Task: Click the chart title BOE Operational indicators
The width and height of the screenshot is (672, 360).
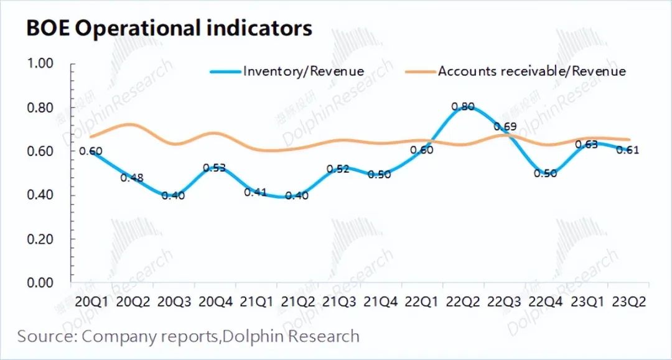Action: (x=169, y=28)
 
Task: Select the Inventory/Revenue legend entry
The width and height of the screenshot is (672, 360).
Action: (x=303, y=71)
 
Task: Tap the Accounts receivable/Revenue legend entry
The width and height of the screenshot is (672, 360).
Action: (x=532, y=71)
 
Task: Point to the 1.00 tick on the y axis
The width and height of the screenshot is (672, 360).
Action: (x=40, y=63)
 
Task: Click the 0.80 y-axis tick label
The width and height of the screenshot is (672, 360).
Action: (x=40, y=108)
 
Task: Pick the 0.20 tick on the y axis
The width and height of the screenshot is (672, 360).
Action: (x=40, y=239)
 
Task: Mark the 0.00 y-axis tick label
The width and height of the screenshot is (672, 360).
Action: (x=40, y=283)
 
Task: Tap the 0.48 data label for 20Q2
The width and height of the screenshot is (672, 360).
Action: (x=133, y=178)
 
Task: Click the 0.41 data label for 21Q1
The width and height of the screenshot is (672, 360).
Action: (x=256, y=192)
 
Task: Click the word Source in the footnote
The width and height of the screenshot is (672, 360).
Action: (x=44, y=336)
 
